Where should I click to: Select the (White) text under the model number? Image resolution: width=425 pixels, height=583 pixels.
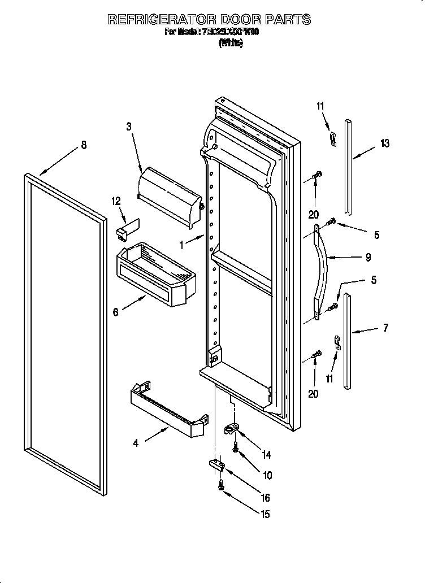(231, 43)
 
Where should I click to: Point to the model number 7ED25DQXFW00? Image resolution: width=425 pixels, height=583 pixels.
(229, 32)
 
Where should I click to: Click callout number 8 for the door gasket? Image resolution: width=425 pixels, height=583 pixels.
(84, 145)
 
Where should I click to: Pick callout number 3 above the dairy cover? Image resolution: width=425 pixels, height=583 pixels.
(129, 127)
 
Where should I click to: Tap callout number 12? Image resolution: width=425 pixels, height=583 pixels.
(116, 201)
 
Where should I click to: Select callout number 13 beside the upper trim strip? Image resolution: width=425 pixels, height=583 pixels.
(384, 143)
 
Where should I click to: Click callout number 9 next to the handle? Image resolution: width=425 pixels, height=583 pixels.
(368, 257)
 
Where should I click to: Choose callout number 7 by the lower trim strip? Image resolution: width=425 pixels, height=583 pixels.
(385, 327)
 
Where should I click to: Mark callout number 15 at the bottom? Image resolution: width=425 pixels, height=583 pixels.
(264, 514)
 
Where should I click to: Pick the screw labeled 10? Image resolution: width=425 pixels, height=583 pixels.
(236, 448)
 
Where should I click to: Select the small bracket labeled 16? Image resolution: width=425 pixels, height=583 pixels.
(217, 464)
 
